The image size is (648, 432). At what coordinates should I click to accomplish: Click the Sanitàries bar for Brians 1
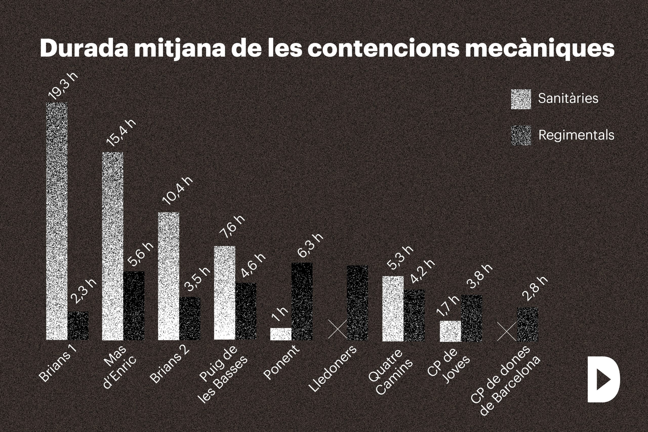(57, 221)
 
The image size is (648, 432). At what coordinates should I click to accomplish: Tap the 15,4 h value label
(121, 133)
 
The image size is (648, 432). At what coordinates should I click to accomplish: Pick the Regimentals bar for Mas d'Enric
(134, 305)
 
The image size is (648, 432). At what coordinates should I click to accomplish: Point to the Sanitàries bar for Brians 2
(169, 276)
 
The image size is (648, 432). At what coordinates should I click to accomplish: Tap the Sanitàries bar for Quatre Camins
(393, 308)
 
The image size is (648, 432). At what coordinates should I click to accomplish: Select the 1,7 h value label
(448, 307)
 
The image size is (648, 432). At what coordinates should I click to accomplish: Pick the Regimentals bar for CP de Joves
(472, 318)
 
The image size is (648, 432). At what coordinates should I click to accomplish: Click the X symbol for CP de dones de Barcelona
(507, 332)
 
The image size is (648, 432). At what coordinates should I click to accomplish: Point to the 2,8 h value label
(535, 289)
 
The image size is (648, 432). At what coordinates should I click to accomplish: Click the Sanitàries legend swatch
(521, 99)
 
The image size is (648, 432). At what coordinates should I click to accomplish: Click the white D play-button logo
(603, 379)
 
